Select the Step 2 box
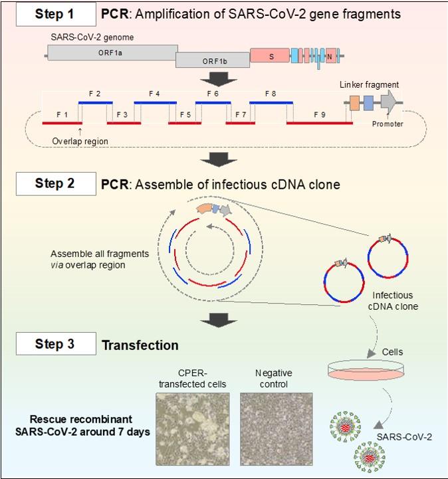(55, 183)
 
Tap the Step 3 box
(55, 345)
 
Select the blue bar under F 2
(96, 103)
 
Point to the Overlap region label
(79, 141)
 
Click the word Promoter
(388, 124)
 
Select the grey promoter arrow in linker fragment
(388, 102)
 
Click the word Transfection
(140, 345)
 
